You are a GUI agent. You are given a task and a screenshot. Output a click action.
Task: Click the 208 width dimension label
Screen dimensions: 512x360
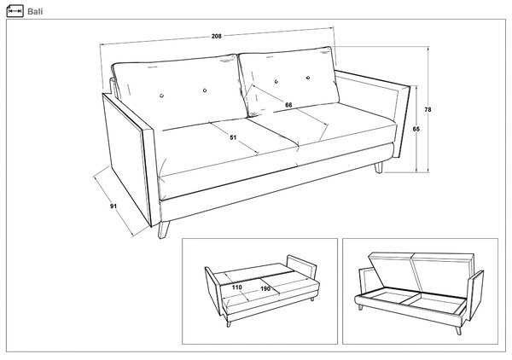coord(217,36)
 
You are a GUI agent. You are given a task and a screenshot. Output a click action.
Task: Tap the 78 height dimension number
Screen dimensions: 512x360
coord(428,110)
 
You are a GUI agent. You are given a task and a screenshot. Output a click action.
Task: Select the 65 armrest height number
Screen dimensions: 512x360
coord(416,129)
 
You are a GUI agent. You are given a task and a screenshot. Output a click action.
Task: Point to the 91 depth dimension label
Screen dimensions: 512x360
coord(113,206)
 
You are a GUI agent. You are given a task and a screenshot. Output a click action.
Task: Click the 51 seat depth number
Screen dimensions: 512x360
coord(233,137)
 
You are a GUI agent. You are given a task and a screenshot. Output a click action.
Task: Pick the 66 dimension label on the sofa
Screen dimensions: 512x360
coord(288,105)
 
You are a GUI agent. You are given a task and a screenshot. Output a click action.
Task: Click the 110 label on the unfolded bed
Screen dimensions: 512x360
coord(237,287)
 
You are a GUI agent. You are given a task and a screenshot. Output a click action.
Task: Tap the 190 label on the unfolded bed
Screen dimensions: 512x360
coord(265,289)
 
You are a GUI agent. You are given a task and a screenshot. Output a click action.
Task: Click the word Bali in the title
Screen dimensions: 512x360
coord(35,11)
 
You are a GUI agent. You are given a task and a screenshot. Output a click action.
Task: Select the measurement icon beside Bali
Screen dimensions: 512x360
coord(15,11)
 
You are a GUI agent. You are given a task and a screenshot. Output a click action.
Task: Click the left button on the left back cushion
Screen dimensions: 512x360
coord(161,96)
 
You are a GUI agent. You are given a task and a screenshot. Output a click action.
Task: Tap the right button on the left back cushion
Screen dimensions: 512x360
coord(205,90)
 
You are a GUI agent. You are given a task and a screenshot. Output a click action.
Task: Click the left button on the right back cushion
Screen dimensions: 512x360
coord(276,82)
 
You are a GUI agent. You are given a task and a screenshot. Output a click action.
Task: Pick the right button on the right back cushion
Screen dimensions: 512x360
coord(308,78)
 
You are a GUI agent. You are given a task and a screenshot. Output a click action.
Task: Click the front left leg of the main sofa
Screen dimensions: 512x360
coord(164,229)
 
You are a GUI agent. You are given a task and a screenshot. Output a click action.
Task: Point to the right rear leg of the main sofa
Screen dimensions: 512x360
coord(378,167)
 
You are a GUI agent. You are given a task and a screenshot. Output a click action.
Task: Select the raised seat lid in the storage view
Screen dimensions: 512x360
coord(422,271)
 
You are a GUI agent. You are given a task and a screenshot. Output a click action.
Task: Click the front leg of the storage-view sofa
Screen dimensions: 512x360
coord(458,331)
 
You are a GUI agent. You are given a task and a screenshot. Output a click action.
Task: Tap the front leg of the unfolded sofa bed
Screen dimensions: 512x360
coord(229,324)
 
